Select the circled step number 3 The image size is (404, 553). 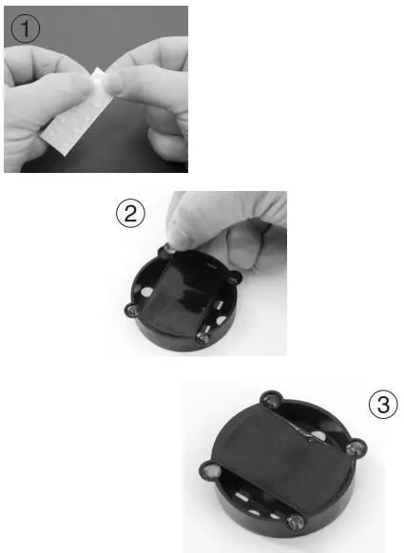(x=382, y=406)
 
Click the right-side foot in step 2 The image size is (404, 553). (x=235, y=278)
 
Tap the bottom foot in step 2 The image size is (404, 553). (x=202, y=334)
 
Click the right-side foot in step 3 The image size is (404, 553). (x=357, y=448)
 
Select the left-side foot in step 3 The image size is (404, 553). (x=209, y=468)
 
